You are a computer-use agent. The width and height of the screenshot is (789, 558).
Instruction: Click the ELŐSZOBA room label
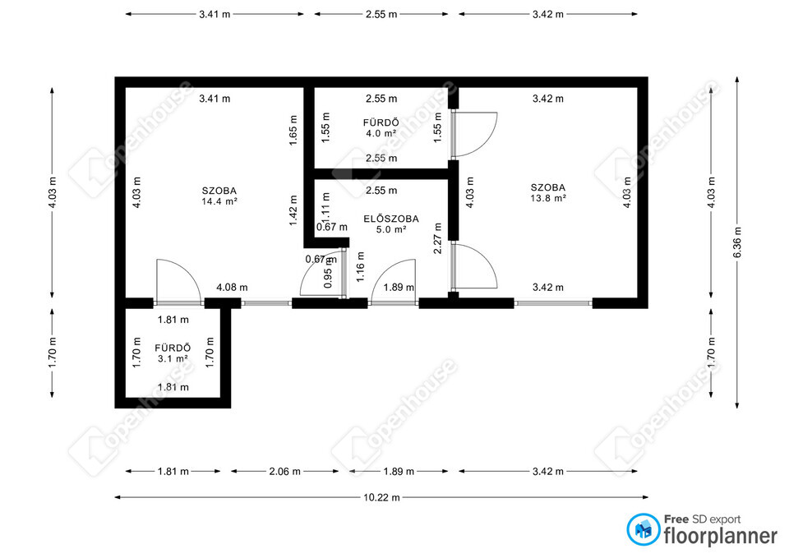[391, 219]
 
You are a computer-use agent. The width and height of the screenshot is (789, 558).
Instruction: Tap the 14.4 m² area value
[219, 202]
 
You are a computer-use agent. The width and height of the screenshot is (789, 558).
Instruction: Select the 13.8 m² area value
[548, 198]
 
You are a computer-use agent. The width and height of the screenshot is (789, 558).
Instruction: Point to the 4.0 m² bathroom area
[381, 134]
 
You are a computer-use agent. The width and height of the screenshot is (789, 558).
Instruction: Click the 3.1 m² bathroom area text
[173, 359]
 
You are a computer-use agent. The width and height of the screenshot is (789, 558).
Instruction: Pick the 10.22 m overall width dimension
[381, 498]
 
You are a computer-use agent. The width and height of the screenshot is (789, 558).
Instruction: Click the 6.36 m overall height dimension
[737, 242]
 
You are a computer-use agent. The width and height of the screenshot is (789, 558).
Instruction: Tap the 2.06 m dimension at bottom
[285, 472]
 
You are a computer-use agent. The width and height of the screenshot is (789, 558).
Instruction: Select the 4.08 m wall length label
[232, 288]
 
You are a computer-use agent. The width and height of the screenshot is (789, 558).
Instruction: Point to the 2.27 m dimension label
[437, 238]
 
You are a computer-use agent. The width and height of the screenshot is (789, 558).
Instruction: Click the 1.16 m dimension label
[360, 266]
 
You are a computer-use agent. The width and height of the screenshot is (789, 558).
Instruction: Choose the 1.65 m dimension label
[293, 131]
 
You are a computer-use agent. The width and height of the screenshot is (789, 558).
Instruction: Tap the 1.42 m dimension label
[293, 210]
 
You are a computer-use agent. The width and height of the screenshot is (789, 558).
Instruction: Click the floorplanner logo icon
[643, 529]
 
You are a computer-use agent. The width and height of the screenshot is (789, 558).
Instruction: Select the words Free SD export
[702, 519]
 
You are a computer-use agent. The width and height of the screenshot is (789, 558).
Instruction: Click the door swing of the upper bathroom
[475, 134]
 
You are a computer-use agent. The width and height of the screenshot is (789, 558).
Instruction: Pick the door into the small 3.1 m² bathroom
[178, 282]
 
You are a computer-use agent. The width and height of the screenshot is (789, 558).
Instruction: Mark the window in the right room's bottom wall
[553, 303]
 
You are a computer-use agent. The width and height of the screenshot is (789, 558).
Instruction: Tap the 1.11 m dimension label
[325, 207]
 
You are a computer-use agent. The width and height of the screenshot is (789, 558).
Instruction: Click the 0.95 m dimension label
[328, 277]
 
